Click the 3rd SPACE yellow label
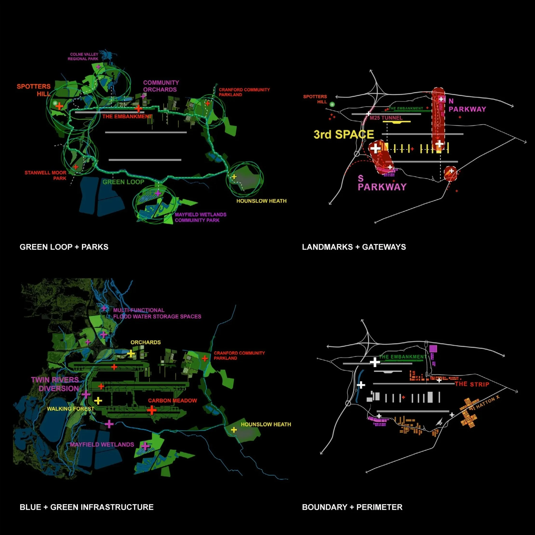coord(344,134)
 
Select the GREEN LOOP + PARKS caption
coord(64,247)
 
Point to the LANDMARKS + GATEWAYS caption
coord(354,247)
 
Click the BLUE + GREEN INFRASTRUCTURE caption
coord(87,507)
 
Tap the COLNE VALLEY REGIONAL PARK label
coord(83,56)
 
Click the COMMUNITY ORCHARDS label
coord(161,86)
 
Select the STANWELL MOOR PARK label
coord(46,175)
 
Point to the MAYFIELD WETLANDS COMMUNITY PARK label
coord(200,217)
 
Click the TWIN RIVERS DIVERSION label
coord(55,384)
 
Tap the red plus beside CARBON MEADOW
coord(152,410)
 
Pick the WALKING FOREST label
coord(70,409)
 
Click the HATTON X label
coord(488,402)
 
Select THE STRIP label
coord(472,384)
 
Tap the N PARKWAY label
coord(467,106)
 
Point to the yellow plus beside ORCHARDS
coord(131,354)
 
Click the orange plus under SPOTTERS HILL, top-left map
coord(59,106)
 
